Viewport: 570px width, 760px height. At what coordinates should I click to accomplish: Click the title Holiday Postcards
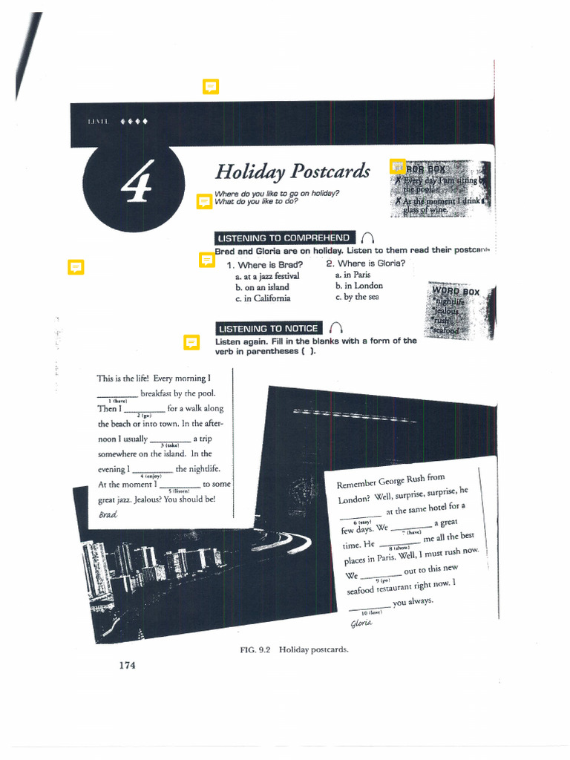292,171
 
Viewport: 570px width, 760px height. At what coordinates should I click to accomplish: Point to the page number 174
127,665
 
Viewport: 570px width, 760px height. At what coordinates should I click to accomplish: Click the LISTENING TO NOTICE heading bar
269,329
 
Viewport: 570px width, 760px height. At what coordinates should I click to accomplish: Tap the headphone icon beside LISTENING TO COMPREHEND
367,238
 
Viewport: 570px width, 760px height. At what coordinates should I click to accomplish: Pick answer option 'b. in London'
358,286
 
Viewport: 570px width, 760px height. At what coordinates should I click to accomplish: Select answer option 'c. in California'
263,298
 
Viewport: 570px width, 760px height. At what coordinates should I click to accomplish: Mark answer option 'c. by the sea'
356,297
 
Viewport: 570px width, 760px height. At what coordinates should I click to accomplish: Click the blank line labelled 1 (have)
117,395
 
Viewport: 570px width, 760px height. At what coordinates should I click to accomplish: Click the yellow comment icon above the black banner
211,88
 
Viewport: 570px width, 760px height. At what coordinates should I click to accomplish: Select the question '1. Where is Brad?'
264,265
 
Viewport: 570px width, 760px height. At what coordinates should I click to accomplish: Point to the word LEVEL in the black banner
98,122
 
